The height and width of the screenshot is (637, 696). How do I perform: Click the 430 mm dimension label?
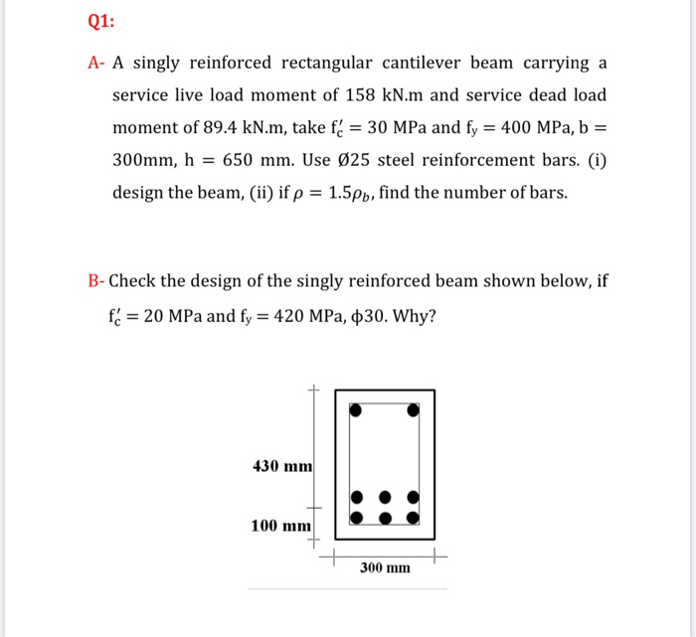click(x=282, y=466)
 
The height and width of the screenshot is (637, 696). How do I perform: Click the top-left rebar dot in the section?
click(x=355, y=408)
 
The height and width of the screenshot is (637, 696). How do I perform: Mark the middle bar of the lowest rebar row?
click(x=385, y=517)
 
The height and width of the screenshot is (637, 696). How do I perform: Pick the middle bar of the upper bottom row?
click(x=385, y=497)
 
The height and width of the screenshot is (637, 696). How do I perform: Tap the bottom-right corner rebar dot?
click(x=415, y=517)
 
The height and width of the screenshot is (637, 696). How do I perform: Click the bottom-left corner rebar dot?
click(x=355, y=517)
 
